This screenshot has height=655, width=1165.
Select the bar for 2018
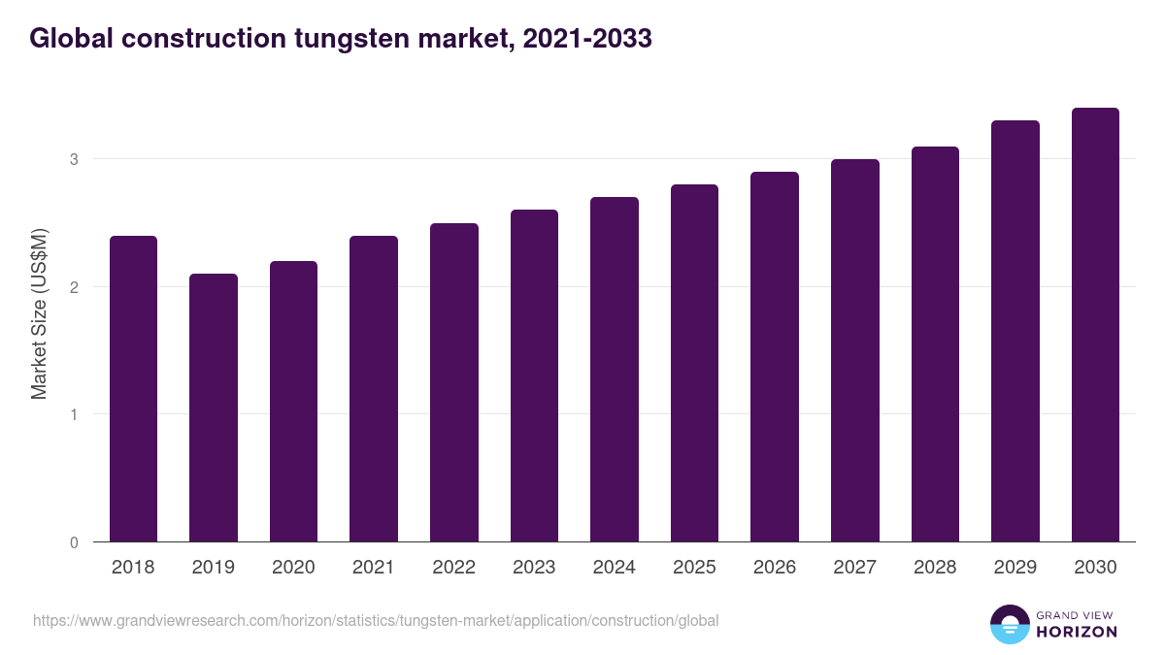[x=133, y=388]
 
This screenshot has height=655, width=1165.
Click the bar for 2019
[x=214, y=408]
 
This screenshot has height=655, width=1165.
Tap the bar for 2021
[x=374, y=388]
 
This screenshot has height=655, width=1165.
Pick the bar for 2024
[x=615, y=369]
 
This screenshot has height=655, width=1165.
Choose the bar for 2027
[x=855, y=350]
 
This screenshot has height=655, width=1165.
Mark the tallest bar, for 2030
[x=1095, y=325]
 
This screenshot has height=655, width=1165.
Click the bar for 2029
[x=1015, y=331]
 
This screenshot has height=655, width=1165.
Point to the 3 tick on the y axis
[x=74, y=159]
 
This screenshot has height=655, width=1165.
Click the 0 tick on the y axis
[x=74, y=542]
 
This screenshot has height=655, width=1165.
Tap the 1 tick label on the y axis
[x=74, y=414]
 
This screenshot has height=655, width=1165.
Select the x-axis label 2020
[x=293, y=568]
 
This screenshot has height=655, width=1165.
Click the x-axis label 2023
[x=534, y=568]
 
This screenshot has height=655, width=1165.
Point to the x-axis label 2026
[x=775, y=568]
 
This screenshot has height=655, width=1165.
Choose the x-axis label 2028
[x=935, y=568]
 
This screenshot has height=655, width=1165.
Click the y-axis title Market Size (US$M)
[x=39, y=312]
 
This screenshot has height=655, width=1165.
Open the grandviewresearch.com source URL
[x=376, y=620]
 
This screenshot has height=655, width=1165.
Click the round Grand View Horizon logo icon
[x=1010, y=624]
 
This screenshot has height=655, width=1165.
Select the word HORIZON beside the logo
[x=1077, y=632]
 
